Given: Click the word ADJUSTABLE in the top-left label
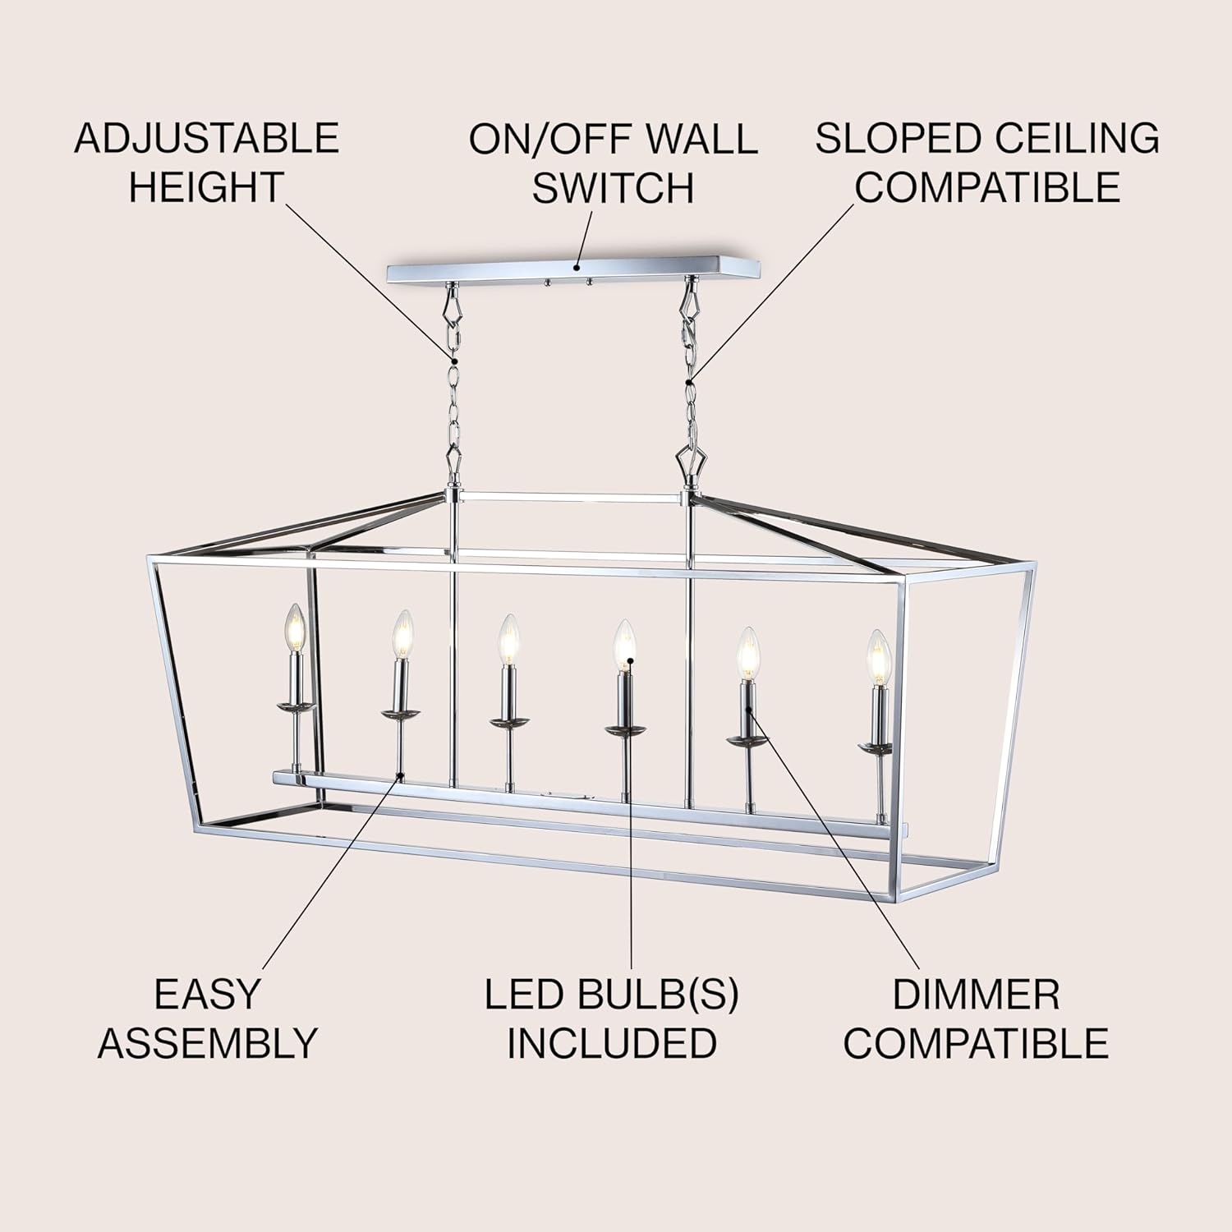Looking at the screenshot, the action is coord(206,137).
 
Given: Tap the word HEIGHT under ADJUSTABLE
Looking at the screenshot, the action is coord(206,187).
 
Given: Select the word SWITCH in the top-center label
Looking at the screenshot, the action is coord(614,187).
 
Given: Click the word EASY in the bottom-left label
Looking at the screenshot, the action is coord(206,995).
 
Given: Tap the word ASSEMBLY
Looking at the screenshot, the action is coord(207,1043).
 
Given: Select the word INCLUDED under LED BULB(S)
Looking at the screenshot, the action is coord(611,1043).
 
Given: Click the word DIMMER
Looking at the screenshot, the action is coord(976,995).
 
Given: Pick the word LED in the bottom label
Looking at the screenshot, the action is coord(524,995).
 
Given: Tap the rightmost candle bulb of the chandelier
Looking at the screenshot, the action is coord(878,657).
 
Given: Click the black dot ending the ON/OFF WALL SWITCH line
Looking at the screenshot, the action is coord(577,267).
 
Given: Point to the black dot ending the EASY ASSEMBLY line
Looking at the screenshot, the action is coord(399,775).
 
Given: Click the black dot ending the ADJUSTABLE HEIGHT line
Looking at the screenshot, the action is coord(453,360).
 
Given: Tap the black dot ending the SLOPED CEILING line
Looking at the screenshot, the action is coord(690,379).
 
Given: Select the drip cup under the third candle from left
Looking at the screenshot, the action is coord(508,721).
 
